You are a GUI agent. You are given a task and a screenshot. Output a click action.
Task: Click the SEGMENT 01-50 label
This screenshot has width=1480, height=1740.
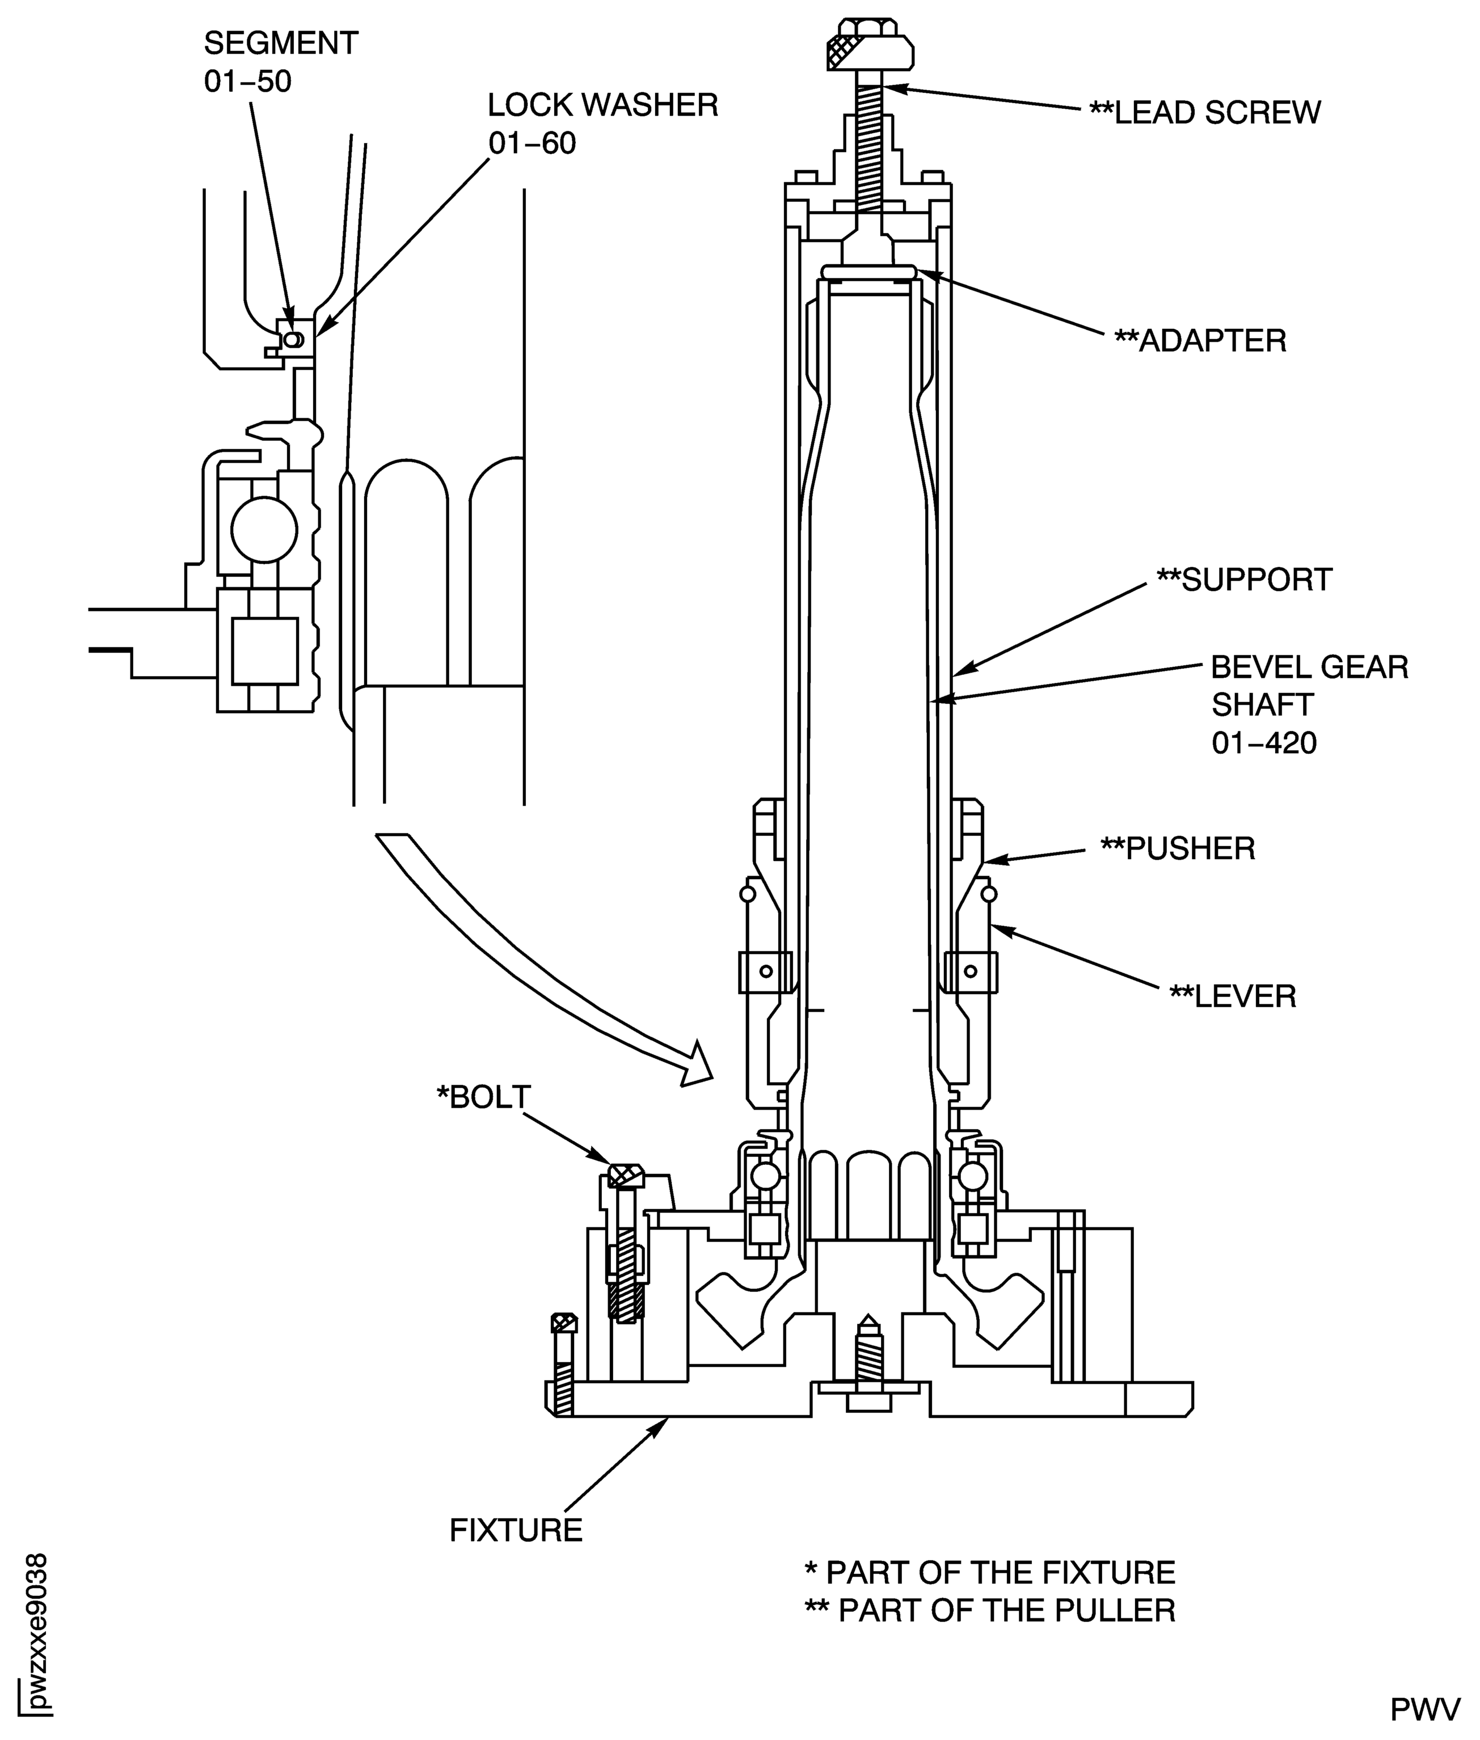pyautogui.click(x=280, y=62)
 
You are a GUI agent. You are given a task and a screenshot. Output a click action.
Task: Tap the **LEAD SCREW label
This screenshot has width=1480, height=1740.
pyautogui.click(x=1204, y=112)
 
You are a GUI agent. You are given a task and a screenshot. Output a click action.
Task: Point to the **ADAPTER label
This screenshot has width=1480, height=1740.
pyautogui.click(x=1200, y=341)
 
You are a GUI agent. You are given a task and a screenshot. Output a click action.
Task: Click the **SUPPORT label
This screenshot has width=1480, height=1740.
pyautogui.click(x=1243, y=580)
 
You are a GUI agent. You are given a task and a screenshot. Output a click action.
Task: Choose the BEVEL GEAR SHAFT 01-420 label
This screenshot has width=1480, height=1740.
pyautogui.click(x=1309, y=705)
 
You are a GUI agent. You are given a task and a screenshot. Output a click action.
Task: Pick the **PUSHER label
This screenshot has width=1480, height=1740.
pyautogui.click(x=1177, y=848)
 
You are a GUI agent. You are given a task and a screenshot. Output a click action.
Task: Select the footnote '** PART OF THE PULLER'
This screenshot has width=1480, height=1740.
pyautogui.click(x=989, y=1610)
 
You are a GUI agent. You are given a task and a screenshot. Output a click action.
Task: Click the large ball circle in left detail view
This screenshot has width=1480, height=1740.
pyautogui.click(x=264, y=529)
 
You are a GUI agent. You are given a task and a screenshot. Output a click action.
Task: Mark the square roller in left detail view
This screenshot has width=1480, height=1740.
pyautogui.click(x=264, y=651)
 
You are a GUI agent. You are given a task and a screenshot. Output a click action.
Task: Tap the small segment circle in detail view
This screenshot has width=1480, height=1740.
pyautogui.click(x=292, y=339)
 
